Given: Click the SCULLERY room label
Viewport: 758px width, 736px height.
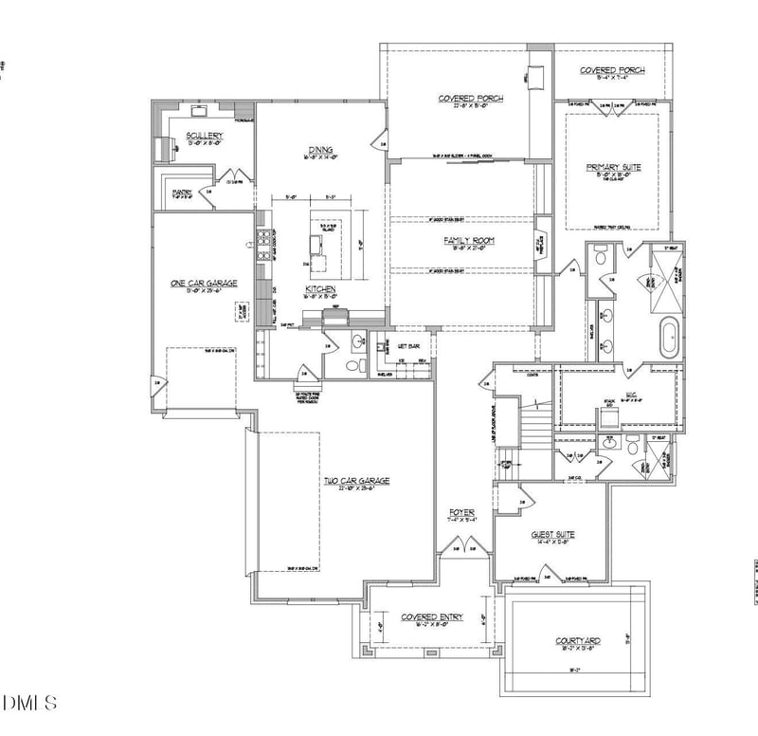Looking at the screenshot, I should tap(204, 136).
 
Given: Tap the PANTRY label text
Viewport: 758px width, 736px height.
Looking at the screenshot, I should tap(183, 193).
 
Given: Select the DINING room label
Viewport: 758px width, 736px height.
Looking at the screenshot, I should tap(319, 149).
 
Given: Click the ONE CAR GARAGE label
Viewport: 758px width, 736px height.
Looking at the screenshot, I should tap(203, 283).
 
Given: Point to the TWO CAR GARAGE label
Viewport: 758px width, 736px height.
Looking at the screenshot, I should tap(356, 481).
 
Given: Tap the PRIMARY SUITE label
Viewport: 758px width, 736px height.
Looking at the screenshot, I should tap(613, 167).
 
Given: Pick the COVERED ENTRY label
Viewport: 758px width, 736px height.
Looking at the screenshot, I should tap(431, 617).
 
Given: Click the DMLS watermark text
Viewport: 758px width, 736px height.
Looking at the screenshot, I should tap(29, 703).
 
